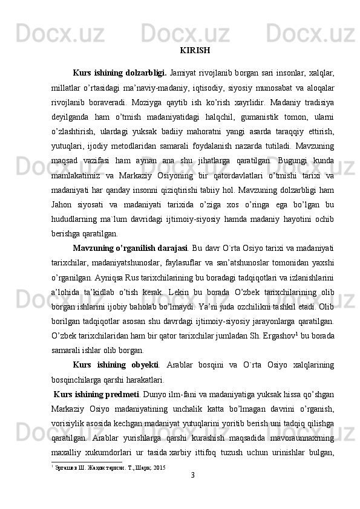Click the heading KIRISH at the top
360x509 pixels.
click(195, 50)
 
